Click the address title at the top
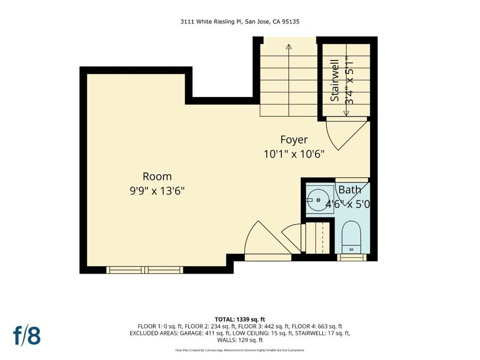point(240,22)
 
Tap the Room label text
point(157,177)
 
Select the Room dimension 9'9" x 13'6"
point(157,191)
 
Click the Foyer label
point(294,140)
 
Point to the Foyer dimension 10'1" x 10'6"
point(294,154)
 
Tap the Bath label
point(350,190)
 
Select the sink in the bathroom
point(318,200)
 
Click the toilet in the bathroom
point(351,237)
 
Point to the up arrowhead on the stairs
point(289,46)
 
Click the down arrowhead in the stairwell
point(346,113)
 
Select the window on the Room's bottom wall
point(144,270)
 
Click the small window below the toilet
point(352,257)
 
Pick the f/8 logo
point(27,336)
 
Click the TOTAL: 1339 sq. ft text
point(240,319)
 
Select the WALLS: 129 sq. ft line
point(240,340)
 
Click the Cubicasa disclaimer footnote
point(240,350)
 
